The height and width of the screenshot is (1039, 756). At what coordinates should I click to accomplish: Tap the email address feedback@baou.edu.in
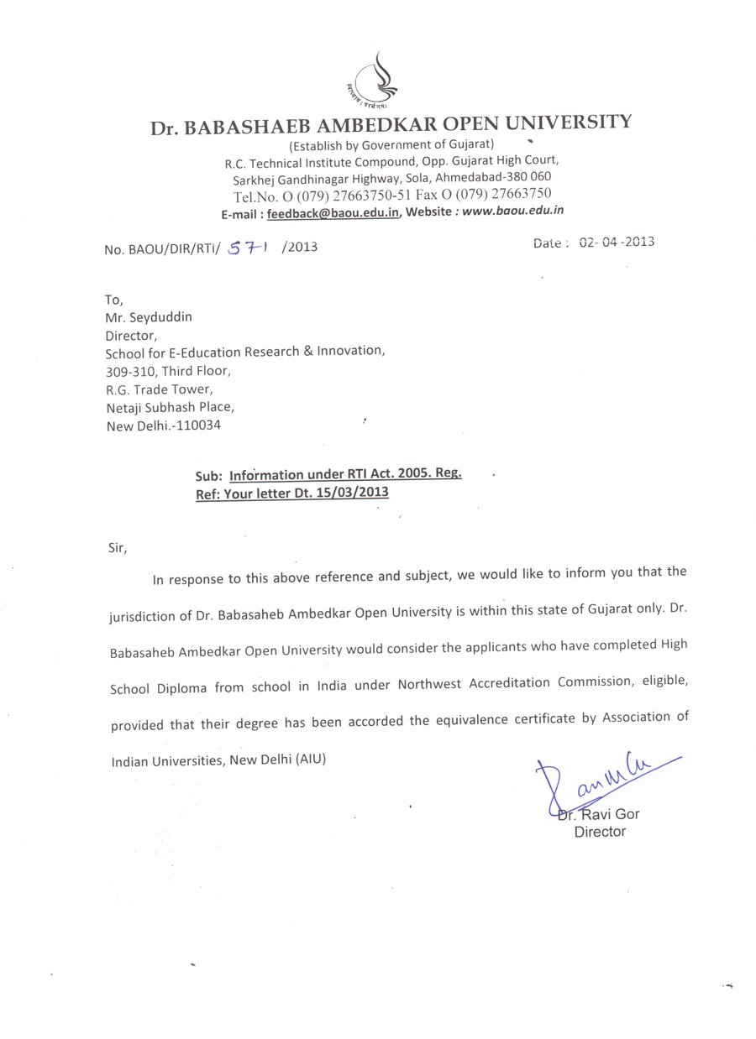[333, 214]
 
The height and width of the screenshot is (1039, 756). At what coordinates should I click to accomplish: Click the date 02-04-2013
[616, 242]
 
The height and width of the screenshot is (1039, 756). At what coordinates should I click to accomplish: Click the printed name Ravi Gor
[610, 814]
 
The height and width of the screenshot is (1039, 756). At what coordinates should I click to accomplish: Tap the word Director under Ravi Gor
[599, 832]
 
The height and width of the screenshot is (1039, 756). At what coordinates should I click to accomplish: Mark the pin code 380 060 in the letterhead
[528, 178]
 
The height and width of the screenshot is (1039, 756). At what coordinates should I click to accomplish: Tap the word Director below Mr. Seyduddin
[131, 335]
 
